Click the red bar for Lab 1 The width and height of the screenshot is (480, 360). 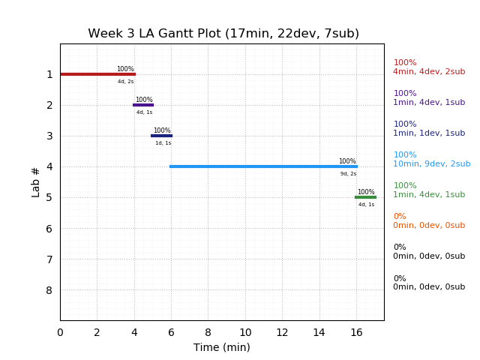click(x=97, y=74)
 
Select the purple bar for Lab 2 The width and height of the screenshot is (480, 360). click(x=143, y=105)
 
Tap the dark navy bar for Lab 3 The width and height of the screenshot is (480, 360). click(x=161, y=136)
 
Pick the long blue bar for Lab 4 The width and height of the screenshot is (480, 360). click(x=263, y=166)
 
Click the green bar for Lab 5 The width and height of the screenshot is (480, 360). click(x=365, y=197)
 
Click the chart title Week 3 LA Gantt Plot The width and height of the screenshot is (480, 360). click(x=223, y=34)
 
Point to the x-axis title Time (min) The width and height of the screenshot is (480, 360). click(x=222, y=347)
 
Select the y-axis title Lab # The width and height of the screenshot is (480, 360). click(x=36, y=181)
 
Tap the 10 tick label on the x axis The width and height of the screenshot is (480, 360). click(x=245, y=332)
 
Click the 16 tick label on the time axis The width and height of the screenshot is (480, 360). click(x=356, y=332)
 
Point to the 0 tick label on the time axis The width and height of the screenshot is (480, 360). click(x=60, y=332)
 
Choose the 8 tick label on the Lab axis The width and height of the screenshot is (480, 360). click(x=49, y=290)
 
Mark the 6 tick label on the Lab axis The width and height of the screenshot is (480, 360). click(x=49, y=229)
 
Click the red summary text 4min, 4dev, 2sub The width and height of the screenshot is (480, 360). click(x=429, y=72)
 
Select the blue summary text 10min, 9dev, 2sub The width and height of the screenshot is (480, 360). click(x=432, y=164)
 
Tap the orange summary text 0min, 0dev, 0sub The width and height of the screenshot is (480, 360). click(x=429, y=226)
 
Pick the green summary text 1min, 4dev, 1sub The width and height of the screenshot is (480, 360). click(x=429, y=195)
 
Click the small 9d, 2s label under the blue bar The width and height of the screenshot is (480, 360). click(x=348, y=174)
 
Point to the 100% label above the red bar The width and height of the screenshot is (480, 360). click(x=125, y=69)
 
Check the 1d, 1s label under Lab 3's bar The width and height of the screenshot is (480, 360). click(x=163, y=143)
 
